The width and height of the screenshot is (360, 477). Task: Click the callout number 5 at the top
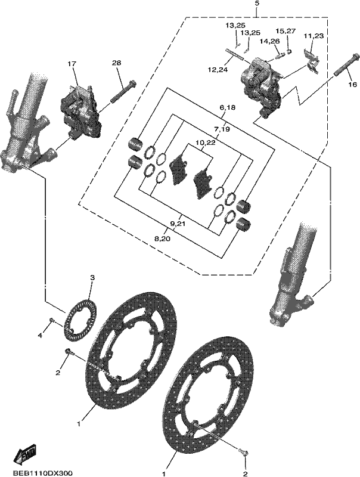(257, 4)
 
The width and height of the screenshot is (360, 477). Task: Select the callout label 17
(72, 64)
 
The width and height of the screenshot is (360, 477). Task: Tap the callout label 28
(116, 63)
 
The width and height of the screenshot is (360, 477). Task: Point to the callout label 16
(352, 85)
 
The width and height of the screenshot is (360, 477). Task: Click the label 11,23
(314, 36)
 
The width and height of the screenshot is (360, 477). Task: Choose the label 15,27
(285, 31)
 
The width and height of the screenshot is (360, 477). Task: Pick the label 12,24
(218, 70)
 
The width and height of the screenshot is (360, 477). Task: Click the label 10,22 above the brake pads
(206, 143)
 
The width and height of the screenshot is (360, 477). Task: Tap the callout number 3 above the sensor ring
(92, 277)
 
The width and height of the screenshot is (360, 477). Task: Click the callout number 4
(40, 335)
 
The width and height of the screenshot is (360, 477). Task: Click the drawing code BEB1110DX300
(42, 473)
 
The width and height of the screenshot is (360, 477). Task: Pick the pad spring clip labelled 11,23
(312, 61)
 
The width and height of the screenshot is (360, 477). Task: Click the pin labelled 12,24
(234, 54)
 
